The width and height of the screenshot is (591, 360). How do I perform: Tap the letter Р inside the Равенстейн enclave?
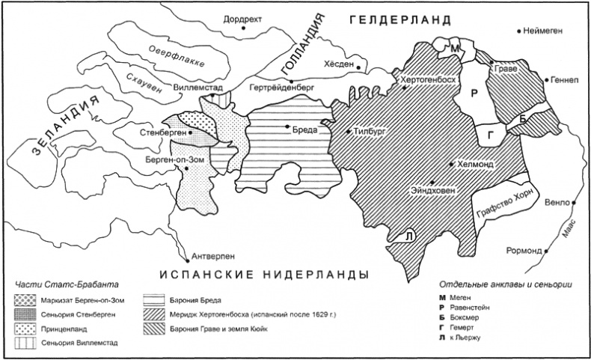pos(473,94)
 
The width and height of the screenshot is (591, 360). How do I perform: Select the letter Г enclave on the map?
pos(491,134)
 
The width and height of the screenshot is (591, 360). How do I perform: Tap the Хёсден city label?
pos(338,65)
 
